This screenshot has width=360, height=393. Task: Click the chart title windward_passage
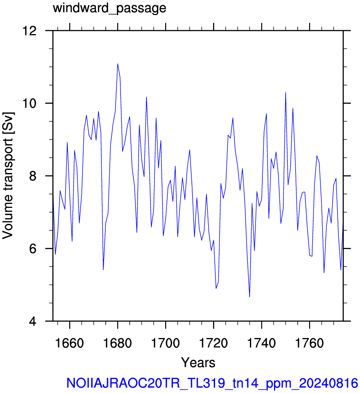pyautogui.click(x=110, y=8)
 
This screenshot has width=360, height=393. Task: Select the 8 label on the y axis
pyautogui.click(x=33, y=176)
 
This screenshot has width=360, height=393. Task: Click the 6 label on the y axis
pyautogui.click(x=33, y=249)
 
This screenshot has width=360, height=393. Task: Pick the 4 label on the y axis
pyautogui.click(x=33, y=321)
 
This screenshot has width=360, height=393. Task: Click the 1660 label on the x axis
pyautogui.click(x=69, y=343)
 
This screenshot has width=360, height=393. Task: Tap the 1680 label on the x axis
pyautogui.click(x=117, y=343)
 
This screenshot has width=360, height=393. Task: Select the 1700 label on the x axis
pyautogui.click(x=166, y=343)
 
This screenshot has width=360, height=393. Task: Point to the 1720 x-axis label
pyautogui.click(x=213, y=343)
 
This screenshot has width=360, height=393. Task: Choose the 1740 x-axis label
pyautogui.click(x=262, y=343)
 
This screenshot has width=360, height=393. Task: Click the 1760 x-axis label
pyautogui.click(x=310, y=343)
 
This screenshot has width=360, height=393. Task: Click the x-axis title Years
pyautogui.click(x=198, y=362)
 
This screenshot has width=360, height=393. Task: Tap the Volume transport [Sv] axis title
pyautogui.click(x=8, y=176)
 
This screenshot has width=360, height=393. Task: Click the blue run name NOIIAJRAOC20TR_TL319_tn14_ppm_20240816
pyautogui.click(x=212, y=383)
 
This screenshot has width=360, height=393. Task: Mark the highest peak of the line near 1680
pyautogui.click(x=117, y=64)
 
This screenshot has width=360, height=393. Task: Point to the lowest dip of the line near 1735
pyautogui.click(x=249, y=297)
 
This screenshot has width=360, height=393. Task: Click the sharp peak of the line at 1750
pyautogui.click(x=286, y=92)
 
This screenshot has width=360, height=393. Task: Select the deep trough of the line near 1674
pyautogui.click(x=103, y=270)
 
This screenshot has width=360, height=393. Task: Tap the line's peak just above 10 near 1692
pyautogui.click(x=146, y=97)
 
